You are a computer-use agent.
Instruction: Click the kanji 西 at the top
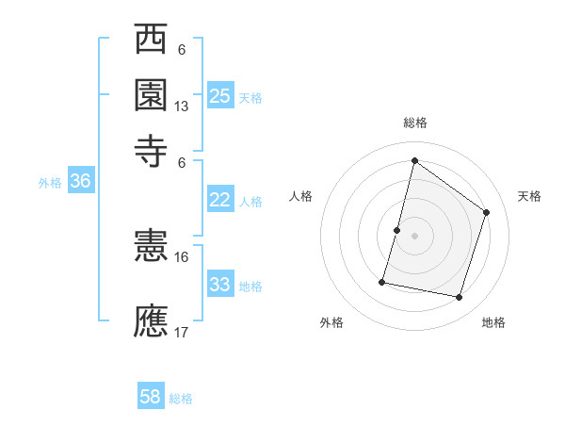pos(151,41)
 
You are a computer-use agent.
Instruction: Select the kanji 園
pos(151,94)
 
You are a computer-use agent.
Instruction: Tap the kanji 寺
pos(151,148)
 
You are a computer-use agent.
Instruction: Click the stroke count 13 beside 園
pos(182,107)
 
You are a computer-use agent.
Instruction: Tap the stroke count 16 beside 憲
pos(182,256)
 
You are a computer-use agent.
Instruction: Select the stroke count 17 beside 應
pos(182,332)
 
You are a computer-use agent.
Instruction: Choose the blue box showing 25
pos(219,95)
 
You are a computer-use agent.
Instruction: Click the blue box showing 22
pos(219,200)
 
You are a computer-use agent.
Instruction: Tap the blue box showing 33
pos(219,285)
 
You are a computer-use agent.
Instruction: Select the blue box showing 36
pos(80,182)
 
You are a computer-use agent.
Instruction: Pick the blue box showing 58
pos(151,397)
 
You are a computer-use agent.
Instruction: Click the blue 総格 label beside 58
pos(181,399)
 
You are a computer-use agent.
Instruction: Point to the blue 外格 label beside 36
pos(50,184)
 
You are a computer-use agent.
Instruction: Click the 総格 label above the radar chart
pos(414,123)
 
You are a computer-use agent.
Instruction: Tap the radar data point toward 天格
pos(487,212)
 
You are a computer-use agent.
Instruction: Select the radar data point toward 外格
pos(382,281)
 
